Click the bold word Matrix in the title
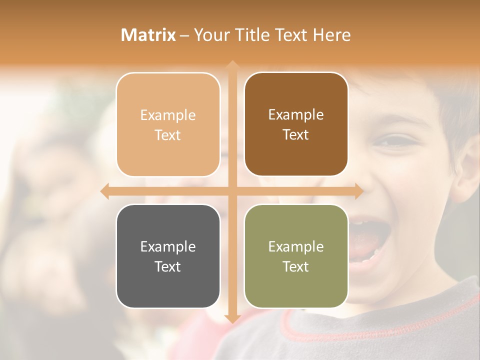click(x=148, y=35)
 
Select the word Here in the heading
click(x=332, y=35)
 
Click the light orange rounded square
click(x=168, y=124)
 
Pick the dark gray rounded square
click(x=168, y=256)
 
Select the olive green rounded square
click(x=296, y=256)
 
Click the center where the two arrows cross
click(x=232, y=191)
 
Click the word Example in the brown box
click(x=296, y=114)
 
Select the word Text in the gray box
click(x=168, y=266)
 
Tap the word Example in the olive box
click(x=296, y=246)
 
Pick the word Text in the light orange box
click(x=168, y=135)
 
